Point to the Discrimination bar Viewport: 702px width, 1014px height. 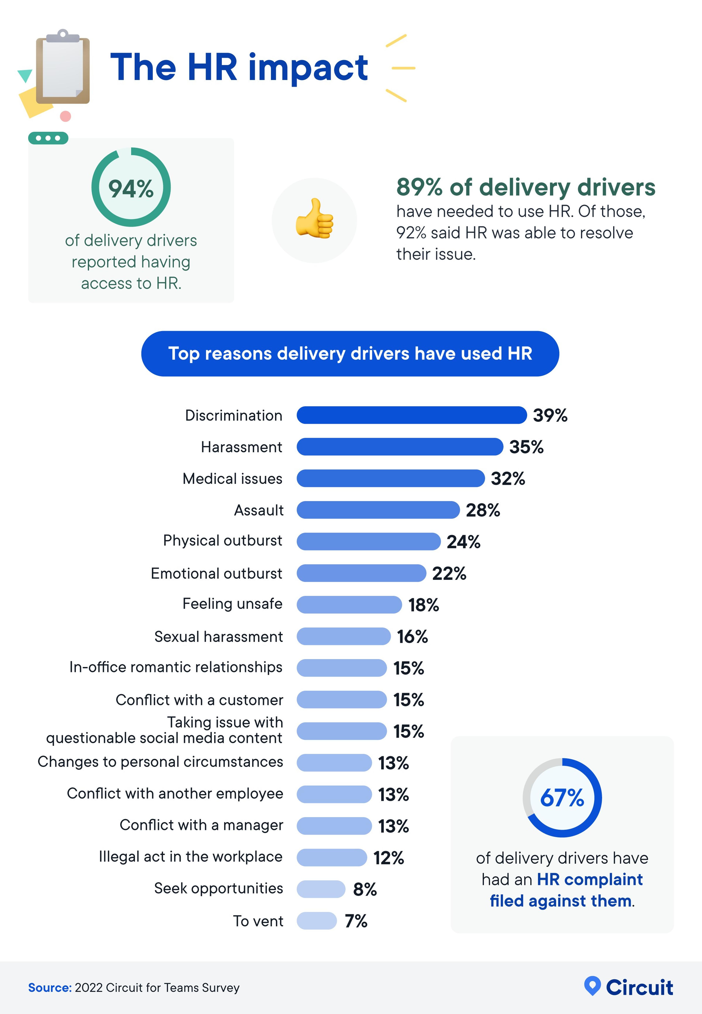pyautogui.click(x=411, y=415)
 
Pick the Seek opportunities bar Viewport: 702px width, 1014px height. pyautogui.click(x=321, y=889)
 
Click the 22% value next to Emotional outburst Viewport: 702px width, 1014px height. pyautogui.click(x=449, y=573)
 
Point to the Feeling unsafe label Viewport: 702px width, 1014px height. pyautogui.click(x=232, y=604)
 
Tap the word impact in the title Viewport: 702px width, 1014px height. pyautogui.click(x=308, y=68)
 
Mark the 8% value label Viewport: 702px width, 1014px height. pyautogui.click(x=365, y=889)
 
